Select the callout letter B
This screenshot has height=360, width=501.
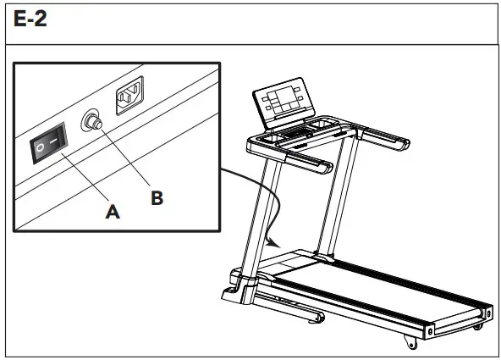click(x=157, y=197)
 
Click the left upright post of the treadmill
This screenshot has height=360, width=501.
click(x=265, y=212)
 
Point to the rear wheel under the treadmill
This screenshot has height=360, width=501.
click(x=410, y=342)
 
